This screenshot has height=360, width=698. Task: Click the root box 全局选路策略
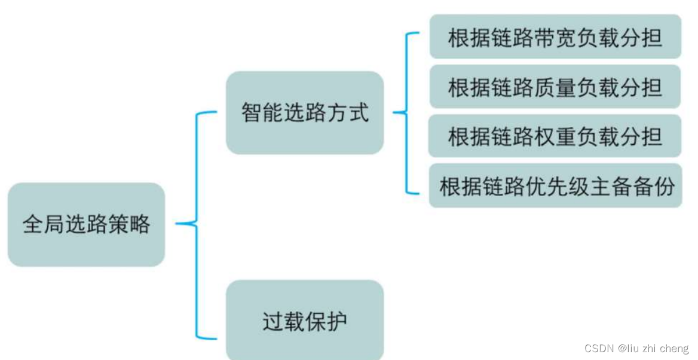click(86, 224)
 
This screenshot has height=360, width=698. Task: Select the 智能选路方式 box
click(305, 112)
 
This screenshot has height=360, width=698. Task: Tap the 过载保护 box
click(305, 321)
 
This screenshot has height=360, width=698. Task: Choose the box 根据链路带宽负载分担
click(555, 37)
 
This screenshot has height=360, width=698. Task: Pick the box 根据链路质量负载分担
click(555, 87)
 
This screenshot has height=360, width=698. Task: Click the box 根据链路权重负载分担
click(555, 136)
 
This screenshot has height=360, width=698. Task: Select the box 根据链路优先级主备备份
click(555, 186)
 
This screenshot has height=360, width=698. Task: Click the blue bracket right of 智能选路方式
click(406, 112)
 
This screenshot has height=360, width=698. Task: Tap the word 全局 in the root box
click(44, 224)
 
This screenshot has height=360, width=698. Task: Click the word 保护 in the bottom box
click(326, 321)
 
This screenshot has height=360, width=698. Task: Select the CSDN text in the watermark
click(599, 349)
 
